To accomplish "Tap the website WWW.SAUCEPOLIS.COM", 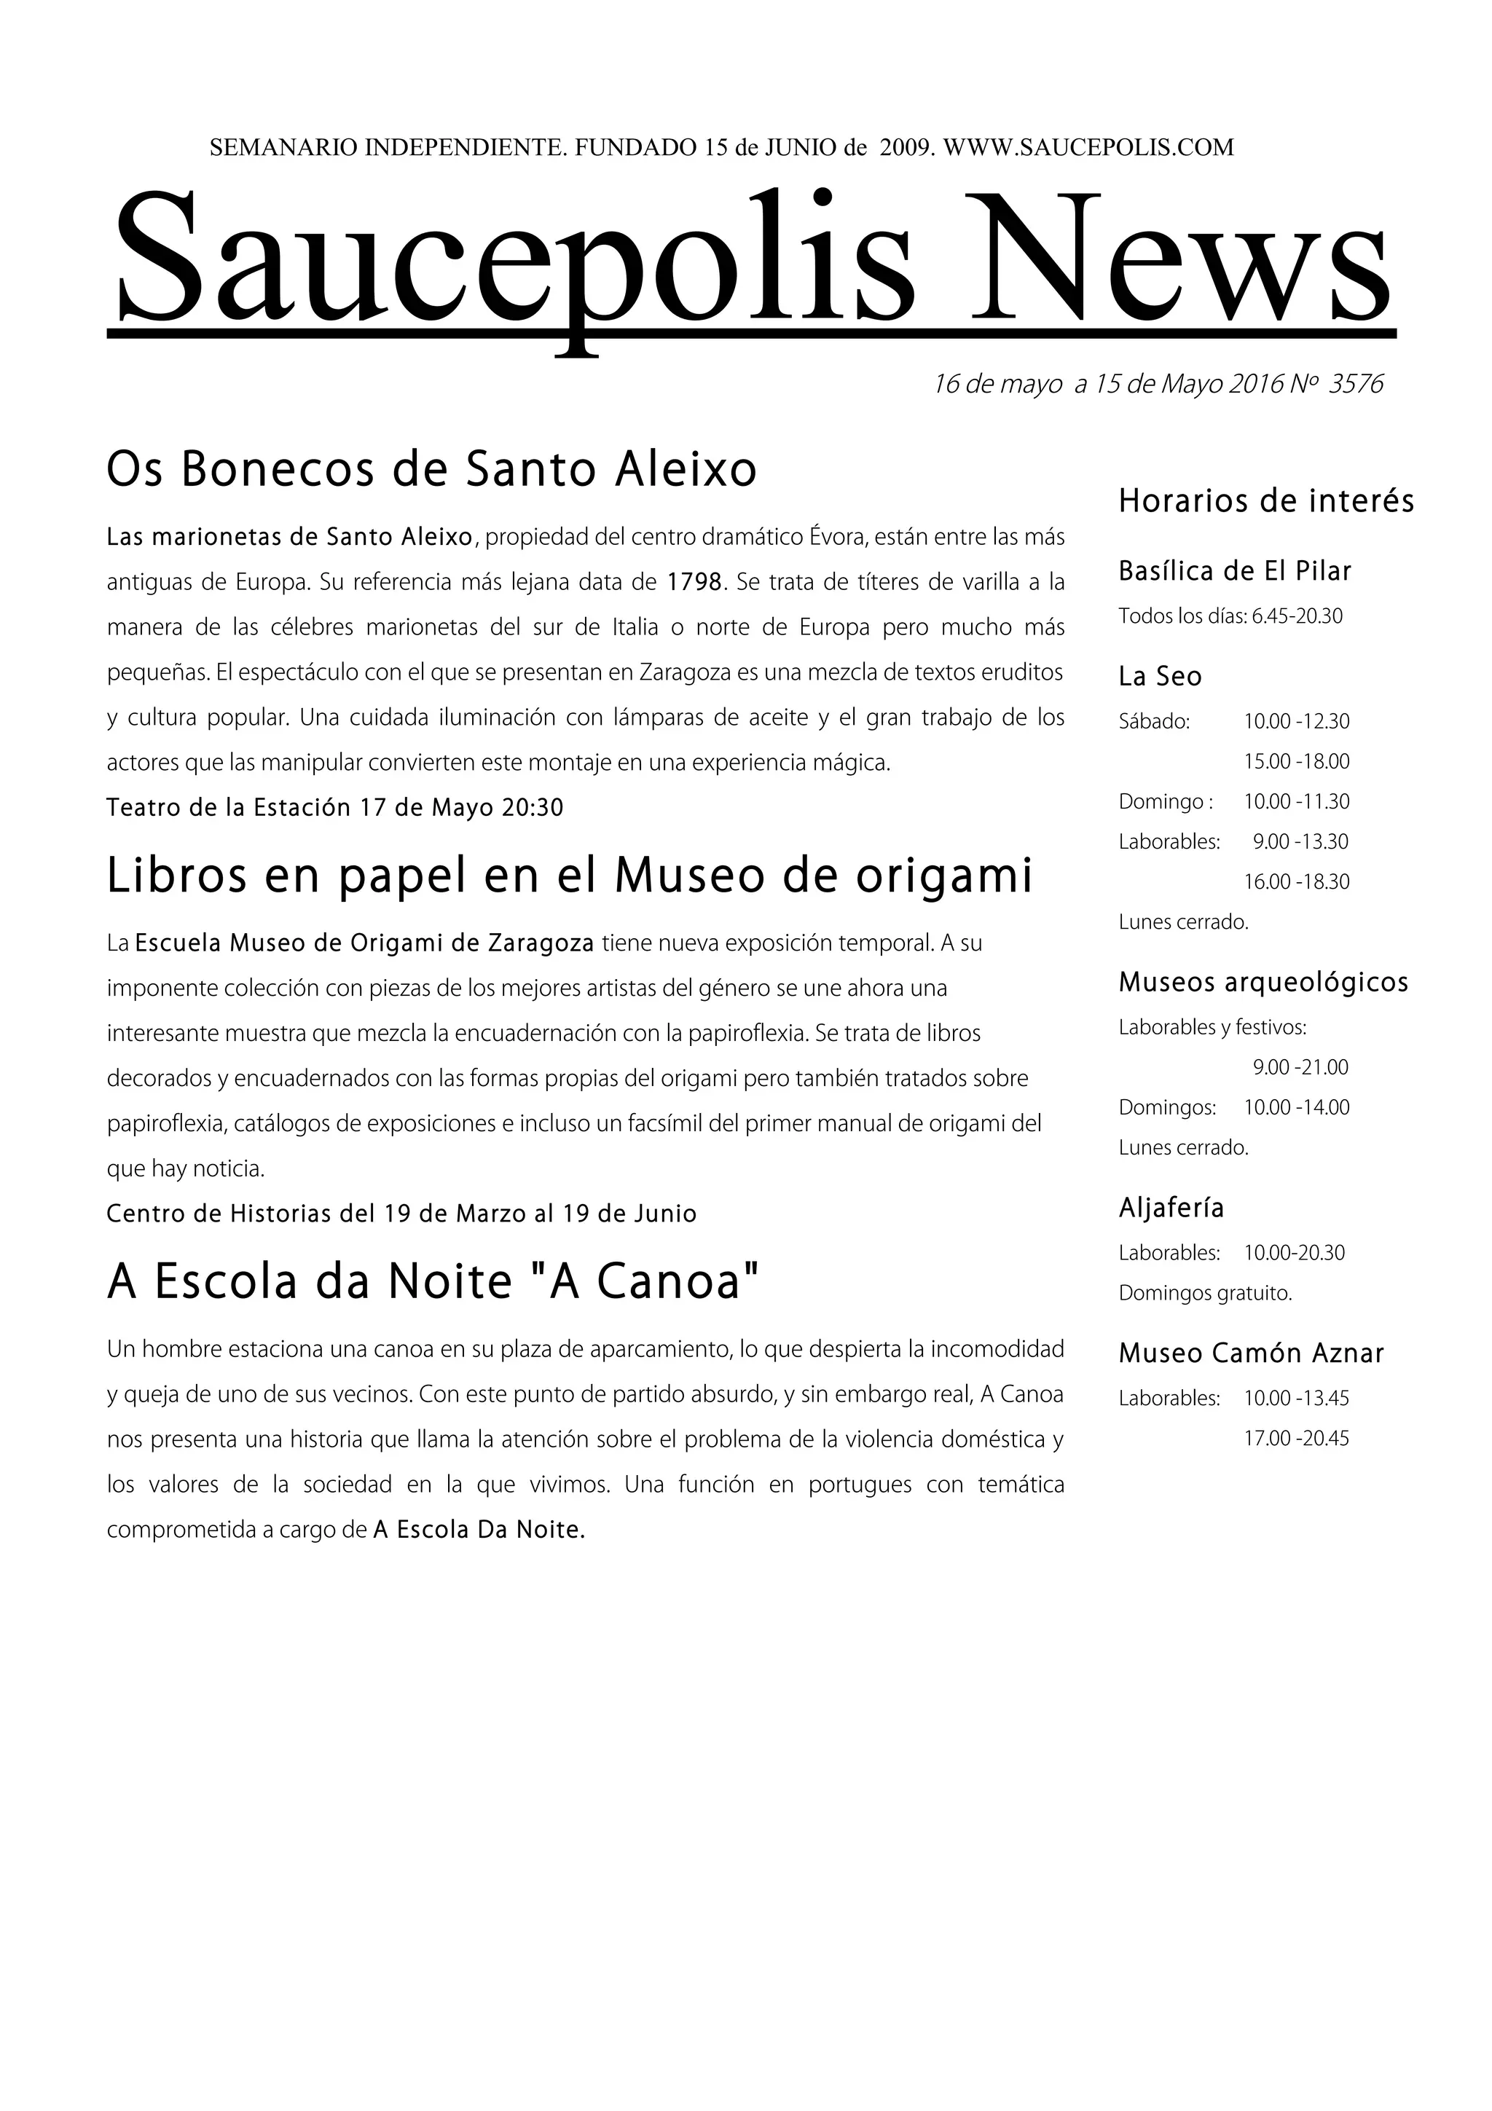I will (1088, 147).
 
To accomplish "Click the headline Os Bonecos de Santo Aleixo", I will (431, 469).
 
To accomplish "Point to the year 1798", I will (694, 582).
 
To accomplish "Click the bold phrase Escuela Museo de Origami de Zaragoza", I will (364, 943).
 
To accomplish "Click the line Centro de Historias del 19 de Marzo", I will (401, 1214).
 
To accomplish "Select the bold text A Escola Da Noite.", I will (479, 1530).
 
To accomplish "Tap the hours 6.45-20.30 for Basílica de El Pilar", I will (1297, 616).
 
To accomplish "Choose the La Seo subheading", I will (1159, 677).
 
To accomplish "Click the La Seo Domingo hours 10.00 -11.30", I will (1296, 802).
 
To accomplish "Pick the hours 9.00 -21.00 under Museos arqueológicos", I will (1300, 1067).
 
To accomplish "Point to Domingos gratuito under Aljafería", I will (1205, 1293).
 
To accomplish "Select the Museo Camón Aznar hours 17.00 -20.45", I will (1296, 1438).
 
